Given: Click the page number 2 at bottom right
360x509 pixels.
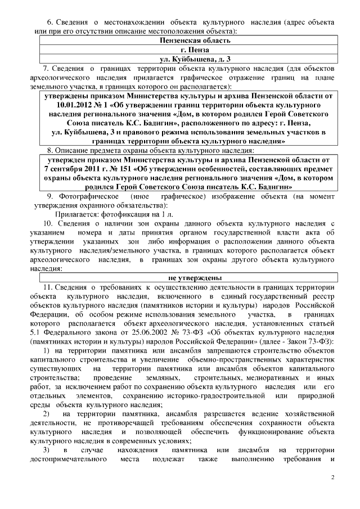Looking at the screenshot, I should click(x=332, y=478).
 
